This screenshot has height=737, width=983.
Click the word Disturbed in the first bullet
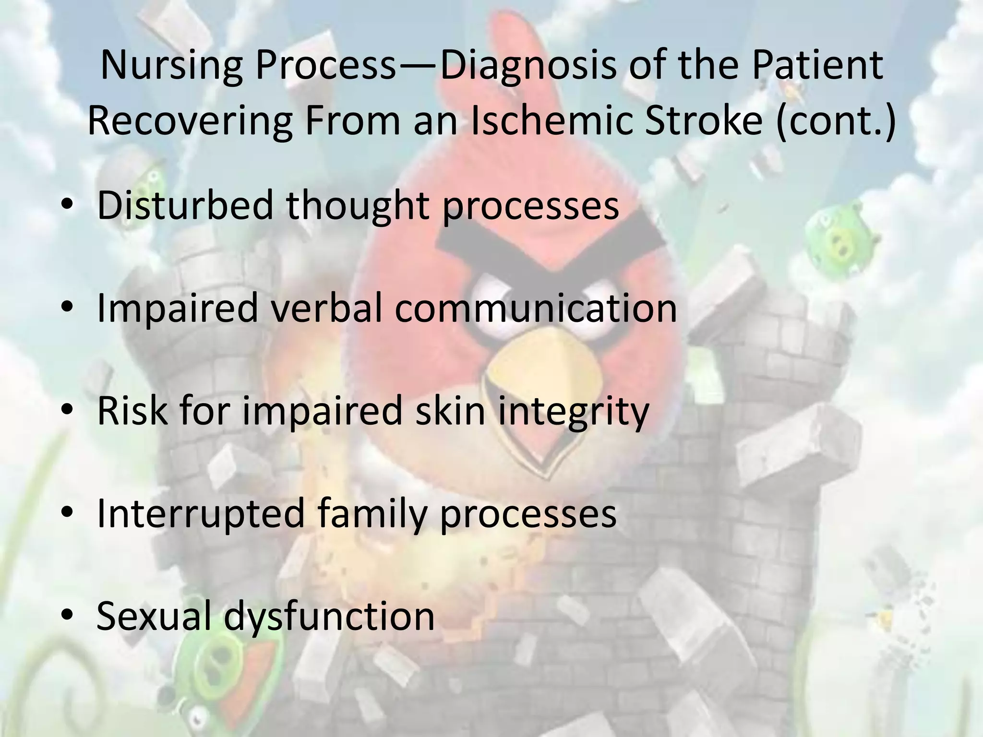[185, 205]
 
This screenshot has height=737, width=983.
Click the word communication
[536, 308]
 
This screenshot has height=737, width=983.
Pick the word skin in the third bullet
[450, 411]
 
